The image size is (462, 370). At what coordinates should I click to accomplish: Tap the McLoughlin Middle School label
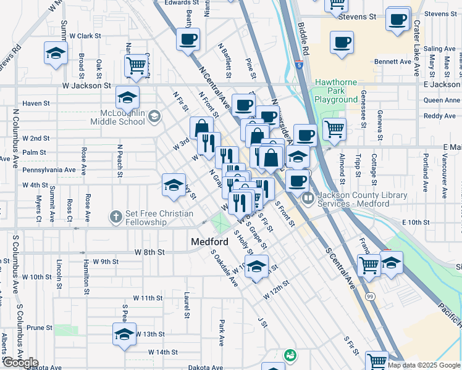[x=124, y=117]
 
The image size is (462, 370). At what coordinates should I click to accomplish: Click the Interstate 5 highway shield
[x=299, y=64]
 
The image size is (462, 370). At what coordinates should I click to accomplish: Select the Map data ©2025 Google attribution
[x=424, y=365]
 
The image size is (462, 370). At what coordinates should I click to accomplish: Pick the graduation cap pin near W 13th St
[x=124, y=335]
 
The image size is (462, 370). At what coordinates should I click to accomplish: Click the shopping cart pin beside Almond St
[x=334, y=129]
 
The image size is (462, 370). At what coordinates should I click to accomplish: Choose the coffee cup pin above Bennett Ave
[x=342, y=43]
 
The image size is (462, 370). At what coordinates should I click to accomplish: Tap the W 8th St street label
[x=151, y=252]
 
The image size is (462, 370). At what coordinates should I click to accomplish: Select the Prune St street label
[x=39, y=327]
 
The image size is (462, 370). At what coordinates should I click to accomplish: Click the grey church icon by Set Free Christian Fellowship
[x=115, y=216]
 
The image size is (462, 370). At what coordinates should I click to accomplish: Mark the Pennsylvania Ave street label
[x=49, y=170]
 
